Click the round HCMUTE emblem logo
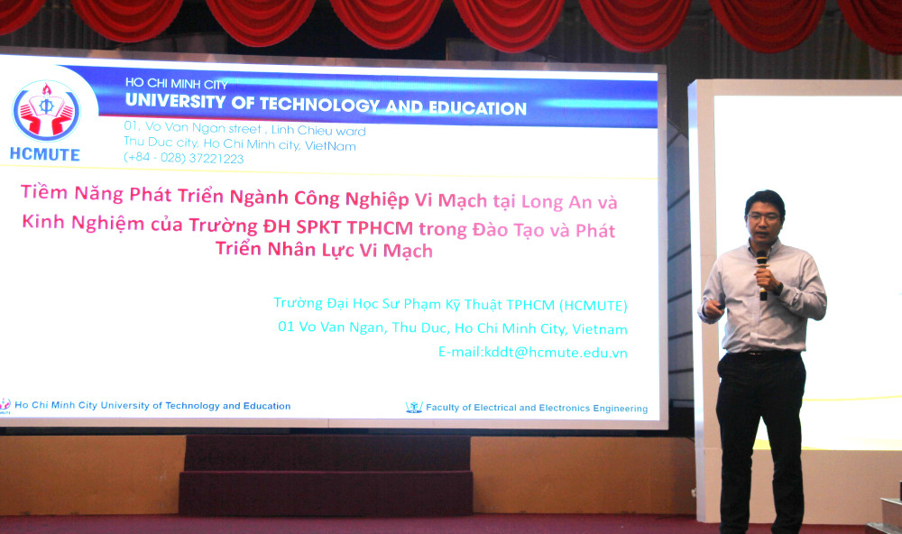tap(46, 111)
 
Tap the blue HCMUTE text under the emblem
tap(45, 154)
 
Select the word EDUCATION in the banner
tap(477, 108)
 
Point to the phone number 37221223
tap(216, 158)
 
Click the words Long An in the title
tap(557, 202)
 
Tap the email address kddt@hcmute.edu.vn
tap(556, 352)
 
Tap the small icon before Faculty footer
tap(414, 408)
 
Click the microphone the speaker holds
tap(762, 274)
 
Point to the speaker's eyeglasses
tap(764, 217)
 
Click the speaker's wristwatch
tap(778, 288)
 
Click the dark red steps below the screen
tap(327, 475)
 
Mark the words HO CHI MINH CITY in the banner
tap(177, 83)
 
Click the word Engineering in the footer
tap(621, 409)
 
